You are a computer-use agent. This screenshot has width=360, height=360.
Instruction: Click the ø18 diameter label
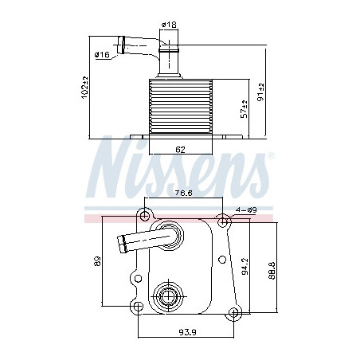coord(169,25)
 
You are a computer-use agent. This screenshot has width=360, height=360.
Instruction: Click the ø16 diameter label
coord(102,55)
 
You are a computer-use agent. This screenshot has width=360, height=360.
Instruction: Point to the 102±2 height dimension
coord(84,88)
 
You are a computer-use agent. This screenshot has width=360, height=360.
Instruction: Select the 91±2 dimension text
coord(261,92)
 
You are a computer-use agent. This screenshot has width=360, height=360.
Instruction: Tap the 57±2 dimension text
coord(244,109)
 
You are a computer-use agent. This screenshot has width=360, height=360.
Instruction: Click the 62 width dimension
coord(180,150)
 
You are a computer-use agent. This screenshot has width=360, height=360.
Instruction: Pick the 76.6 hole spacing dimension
coord(183,193)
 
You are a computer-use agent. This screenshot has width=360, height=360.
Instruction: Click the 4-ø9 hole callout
coord(246,209)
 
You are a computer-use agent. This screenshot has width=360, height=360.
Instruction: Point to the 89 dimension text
coord(98,261)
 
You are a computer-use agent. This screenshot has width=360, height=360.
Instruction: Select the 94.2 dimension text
coord(245,266)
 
